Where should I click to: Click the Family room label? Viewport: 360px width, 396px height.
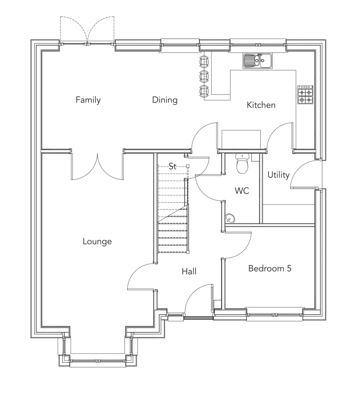(x=88, y=100)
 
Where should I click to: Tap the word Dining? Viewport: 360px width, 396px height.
(x=165, y=100)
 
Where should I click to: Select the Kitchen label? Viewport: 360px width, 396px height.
(x=261, y=105)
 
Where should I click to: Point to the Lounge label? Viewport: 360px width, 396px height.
(x=97, y=241)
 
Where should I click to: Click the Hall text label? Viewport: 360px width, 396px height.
(x=189, y=272)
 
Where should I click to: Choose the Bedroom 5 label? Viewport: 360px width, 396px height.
(x=269, y=268)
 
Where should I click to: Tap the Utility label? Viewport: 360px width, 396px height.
(x=278, y=175)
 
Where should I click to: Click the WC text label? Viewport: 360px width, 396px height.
(x=242, y=191)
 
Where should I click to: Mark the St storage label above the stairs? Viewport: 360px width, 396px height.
(x=172, y=167)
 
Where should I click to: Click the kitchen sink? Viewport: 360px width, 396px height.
(x=257, y=61)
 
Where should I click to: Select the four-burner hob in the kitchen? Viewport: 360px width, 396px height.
(x=305, y=95)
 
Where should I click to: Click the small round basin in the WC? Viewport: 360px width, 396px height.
(x=230, y=218)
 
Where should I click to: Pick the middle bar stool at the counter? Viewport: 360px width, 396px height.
(x=204, y=75)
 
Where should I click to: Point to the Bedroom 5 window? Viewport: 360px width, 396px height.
(x=275, y=314)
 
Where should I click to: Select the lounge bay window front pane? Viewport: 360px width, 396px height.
(x=98, y=361)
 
